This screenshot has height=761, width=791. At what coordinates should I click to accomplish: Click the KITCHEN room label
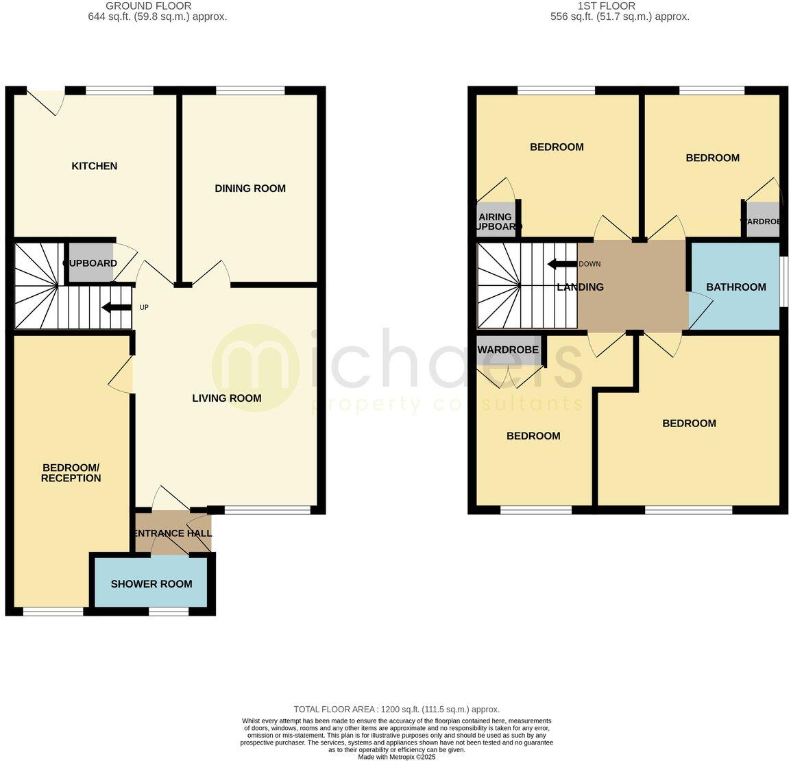95,166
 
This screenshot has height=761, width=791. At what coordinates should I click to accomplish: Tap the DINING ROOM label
250,189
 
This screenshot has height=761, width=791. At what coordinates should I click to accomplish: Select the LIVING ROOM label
226,398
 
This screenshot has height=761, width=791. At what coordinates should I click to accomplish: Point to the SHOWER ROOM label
151,584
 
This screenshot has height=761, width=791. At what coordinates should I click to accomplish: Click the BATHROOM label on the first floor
736,287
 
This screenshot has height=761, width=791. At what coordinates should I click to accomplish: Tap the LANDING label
580,287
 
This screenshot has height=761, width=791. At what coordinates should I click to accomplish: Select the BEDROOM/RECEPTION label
71,472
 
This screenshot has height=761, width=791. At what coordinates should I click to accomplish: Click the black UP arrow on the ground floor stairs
117,308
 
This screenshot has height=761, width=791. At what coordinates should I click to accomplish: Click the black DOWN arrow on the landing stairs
561,264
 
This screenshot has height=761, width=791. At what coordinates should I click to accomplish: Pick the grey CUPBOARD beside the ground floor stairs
90,263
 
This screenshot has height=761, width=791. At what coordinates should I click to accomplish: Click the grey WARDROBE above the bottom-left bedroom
508,350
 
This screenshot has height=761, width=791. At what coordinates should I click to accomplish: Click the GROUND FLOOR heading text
149,6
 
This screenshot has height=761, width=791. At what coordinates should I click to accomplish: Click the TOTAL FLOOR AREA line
396,710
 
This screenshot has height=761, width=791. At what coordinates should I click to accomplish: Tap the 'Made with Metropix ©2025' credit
396,757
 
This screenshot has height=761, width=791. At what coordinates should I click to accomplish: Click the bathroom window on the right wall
783,282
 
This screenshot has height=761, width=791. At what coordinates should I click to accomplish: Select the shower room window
169,612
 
